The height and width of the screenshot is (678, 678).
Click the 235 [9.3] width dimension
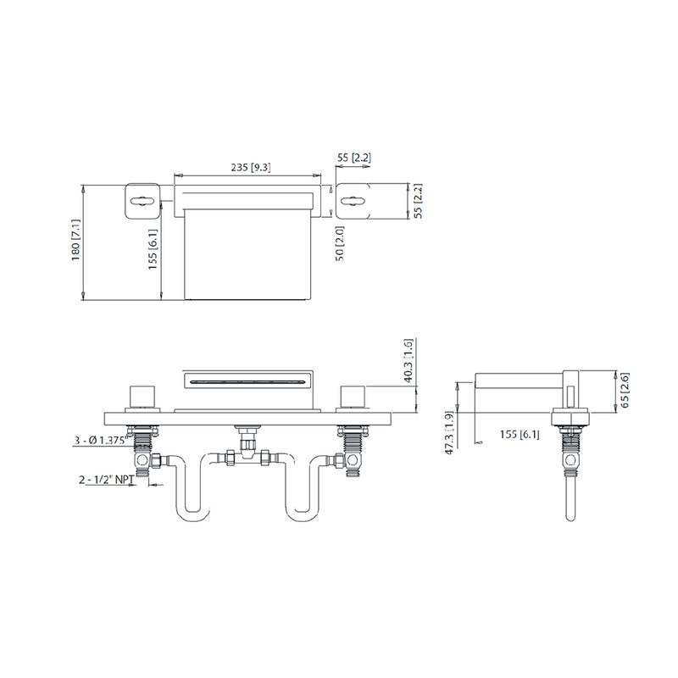tap(249, 168)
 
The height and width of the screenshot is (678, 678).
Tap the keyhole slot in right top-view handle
tap(353, 201)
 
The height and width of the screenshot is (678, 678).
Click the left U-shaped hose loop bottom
tap(192, 517)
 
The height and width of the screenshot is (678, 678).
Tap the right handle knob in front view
tap(352, 397)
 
